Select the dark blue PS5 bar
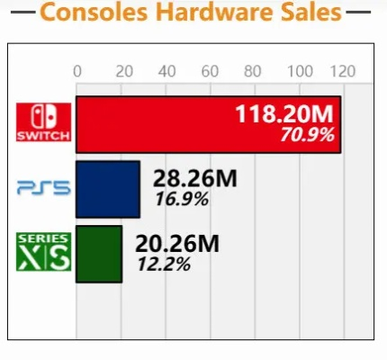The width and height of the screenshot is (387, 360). click(x=108, y=189)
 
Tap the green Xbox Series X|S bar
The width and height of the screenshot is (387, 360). click(x=99, y=253)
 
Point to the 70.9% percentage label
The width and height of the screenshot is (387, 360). click(x=306, y=136)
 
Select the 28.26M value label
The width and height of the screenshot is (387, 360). click(x=194, y=178)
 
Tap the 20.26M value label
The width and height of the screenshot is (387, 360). click(x=176, y=243)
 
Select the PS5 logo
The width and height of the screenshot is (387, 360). click(x=41, y=188)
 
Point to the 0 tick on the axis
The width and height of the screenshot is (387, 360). click(x=77, y=72)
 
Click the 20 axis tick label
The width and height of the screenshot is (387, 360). click(x=121, y=72)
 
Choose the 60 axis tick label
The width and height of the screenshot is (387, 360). click(x=210, y=72)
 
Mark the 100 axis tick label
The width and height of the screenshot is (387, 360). click(x=298, y=72)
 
